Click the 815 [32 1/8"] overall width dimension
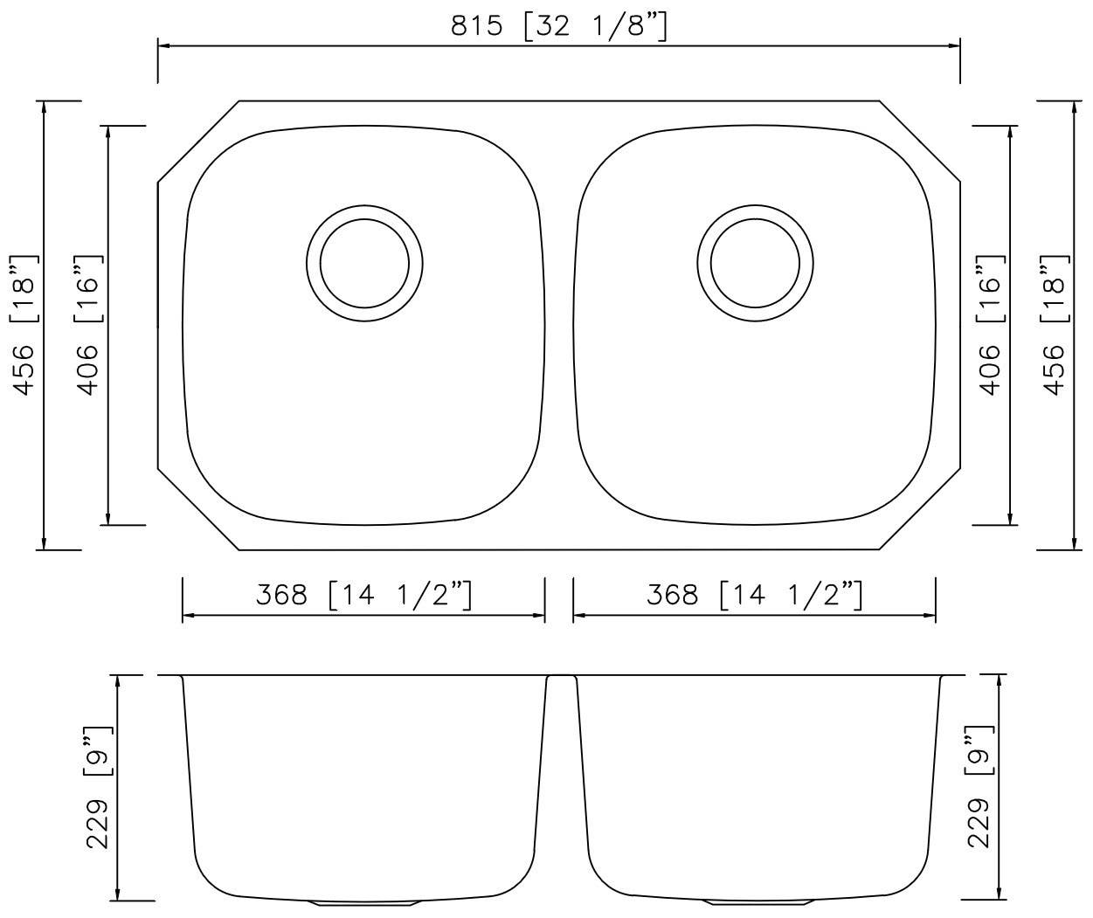[x=559, y=26]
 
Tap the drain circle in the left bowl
[x=364, y=262]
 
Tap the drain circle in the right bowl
[x=755, y=262]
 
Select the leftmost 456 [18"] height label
[x=26, y=325]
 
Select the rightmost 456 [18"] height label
[x=1055, y=325]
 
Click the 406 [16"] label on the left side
[x=90, y=325]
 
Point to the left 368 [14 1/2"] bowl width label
[x=363, y=596]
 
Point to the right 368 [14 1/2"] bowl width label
[x=754, y=596]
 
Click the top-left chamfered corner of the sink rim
[x=198, y=141]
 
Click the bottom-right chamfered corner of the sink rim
[x=920, y=510]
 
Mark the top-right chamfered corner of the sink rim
[x=920, y=141]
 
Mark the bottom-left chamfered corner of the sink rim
[x=198, y=510]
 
